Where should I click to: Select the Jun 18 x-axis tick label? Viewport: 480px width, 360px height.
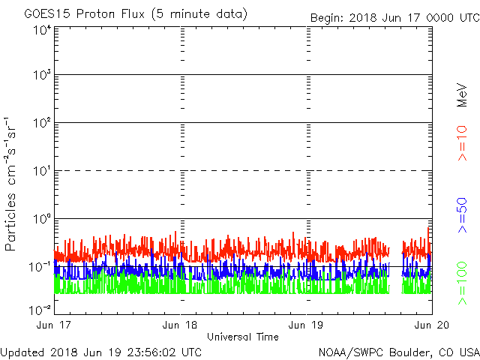pyautogui.click(x=181, y=324)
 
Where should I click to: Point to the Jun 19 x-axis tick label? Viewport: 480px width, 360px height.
pyautogui.click(x=307, y=324)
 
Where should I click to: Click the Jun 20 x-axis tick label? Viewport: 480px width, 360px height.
pyautogui.click(x=432, y=324)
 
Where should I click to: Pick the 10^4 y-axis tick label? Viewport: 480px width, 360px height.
pyautogui.click(x=40, y=31)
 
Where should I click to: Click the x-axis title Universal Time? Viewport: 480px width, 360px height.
pyautogui.click(x=243, y=337)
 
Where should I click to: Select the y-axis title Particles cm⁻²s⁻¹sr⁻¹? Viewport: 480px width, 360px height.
pyautogui.click(x=13, y=184)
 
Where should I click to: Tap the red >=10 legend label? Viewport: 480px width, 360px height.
pyautogui.click(x=463, y=143)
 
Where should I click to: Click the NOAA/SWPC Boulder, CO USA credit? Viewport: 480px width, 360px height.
pyautogui.click(x=398, y=352)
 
